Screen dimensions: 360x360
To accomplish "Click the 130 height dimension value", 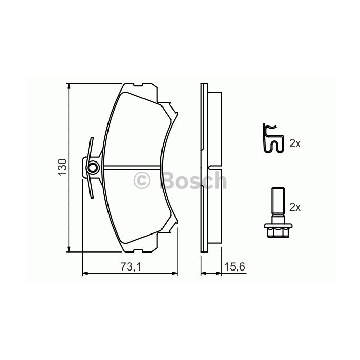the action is [62, 167].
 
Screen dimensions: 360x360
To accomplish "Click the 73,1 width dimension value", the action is [130, 267].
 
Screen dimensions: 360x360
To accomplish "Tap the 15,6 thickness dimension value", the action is [235, 267].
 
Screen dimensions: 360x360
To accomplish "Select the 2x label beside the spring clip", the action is [295, 143].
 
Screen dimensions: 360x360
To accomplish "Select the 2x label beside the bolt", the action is [295, 207].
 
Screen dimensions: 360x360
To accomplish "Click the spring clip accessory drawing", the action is [273, 139].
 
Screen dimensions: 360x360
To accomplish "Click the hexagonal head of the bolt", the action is [278, 231].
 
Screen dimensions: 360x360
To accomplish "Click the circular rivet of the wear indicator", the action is [93, 168].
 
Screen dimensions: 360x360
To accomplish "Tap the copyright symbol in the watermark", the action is [141, 181].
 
